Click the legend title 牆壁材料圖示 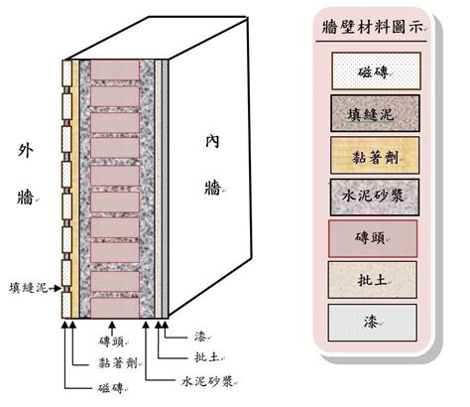[x=373, y=27]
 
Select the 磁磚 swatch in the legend [x=376, y=71]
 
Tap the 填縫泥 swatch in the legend [x=376, y=113]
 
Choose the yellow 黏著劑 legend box [x=375, y=155]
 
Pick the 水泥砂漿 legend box [x=375, y=198]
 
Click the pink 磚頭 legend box [x=373, y=238]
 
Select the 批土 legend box [x=373, y=280]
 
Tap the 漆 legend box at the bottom [x=372, y=323]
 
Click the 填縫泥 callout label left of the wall [x=29, y=288]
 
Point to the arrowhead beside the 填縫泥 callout [x=59, y=289]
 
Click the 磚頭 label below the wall [x=112, y=341]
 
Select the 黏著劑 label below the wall [x=118, y=363]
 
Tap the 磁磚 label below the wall [x=111, y=388]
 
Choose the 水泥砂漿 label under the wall [x=207, y=381]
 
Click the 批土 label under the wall [x=207, y=357]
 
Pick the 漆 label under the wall [x=200, y=337]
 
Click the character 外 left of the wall [x=26, y=151]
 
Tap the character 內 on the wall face [x=212, y=142]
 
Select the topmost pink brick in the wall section [x=115, y=69]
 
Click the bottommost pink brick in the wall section [x=115, y=308]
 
